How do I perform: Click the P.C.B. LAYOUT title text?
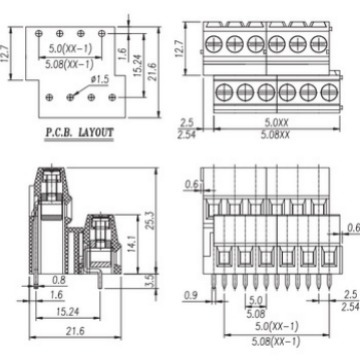coord(79,133)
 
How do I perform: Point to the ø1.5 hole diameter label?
coord(100,79)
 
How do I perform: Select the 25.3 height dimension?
coord(151,219)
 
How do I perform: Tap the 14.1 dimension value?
coord(131,243)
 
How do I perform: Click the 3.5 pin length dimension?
coord(150,280)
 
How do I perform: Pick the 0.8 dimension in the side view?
coord(58,281)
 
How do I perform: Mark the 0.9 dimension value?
coord(191,295)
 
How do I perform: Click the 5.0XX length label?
coord(276,123)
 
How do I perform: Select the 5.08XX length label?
coord(275,135)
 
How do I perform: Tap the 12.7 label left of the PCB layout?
coord(5,53)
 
